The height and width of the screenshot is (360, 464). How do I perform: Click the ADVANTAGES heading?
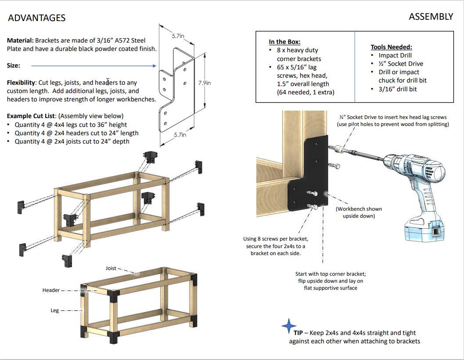point(37,18)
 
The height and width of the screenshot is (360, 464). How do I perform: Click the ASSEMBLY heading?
point(431,17)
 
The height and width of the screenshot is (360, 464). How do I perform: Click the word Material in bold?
point(20,40)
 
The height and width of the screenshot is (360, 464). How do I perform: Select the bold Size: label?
point(13,65)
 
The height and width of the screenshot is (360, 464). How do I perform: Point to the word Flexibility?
point(21,83)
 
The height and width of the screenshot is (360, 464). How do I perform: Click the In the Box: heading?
point(284,42)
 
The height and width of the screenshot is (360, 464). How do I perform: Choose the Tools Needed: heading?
point(391,47)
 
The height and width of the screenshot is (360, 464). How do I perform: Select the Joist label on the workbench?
point(111,268)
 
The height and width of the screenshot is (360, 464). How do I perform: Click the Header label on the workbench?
point(51,290)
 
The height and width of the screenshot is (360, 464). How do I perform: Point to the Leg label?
point(54,310)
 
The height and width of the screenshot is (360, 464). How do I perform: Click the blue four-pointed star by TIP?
point(288,326)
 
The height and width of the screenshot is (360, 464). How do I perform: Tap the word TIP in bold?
point(299,333)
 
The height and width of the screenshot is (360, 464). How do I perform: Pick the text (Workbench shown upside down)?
point(359,212)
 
